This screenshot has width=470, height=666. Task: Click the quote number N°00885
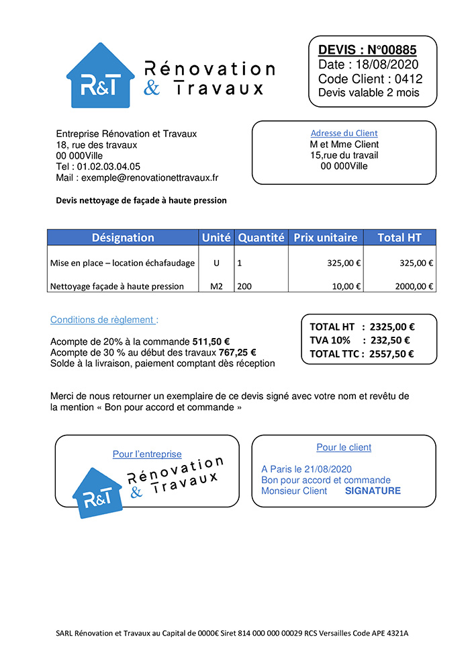[393, 50]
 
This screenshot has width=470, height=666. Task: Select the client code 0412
[409, 79]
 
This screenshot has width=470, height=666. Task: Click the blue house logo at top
[100, 76]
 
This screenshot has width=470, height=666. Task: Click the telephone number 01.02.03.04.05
[109, 166]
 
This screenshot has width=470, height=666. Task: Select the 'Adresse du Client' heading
[344, 133]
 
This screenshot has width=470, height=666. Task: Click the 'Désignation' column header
[123, 237]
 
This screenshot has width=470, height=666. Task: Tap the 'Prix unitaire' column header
[325, 237]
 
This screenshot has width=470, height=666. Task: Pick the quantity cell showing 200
[245, 286]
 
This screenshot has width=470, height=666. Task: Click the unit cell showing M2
[216, 286]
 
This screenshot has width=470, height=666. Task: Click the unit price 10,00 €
[346, 286]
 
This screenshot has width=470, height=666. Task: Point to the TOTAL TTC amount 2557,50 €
[391, 354]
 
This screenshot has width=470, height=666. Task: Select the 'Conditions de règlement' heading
[104, 320]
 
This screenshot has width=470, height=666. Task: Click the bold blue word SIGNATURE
[373, 491]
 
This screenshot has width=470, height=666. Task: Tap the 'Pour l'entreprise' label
[147, 454]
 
